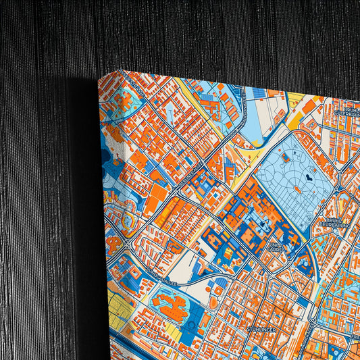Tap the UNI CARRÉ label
click(278, 247)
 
